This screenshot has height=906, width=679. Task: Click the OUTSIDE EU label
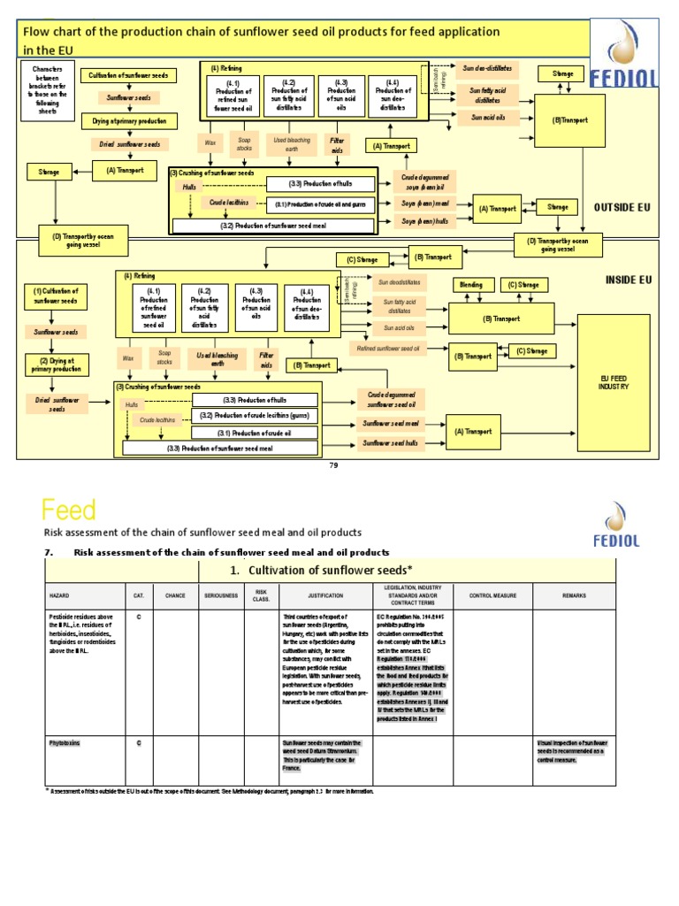622,207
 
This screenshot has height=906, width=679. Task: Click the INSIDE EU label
628,280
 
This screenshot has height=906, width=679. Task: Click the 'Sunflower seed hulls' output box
392,442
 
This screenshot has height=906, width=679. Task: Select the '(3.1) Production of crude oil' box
255,433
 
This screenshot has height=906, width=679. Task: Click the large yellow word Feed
69,511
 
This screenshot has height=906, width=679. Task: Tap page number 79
333,465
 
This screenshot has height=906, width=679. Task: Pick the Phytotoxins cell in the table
64,743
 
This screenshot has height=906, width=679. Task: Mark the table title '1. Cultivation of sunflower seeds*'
321,571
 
